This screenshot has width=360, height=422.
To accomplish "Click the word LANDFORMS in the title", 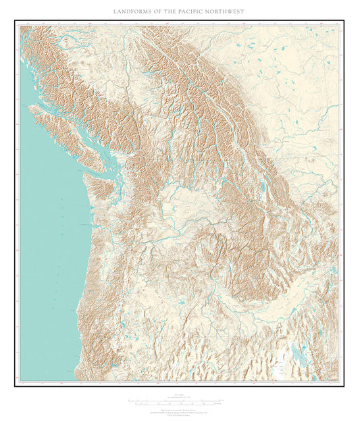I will [x=136, y=11].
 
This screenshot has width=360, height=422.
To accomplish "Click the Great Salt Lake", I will [x=298, y=354].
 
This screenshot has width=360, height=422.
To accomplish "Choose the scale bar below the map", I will [x=179, y=401].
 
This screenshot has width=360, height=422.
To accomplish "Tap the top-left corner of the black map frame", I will [x=15, y=21].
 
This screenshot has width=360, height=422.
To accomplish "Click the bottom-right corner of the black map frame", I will [x=344, y=386].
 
